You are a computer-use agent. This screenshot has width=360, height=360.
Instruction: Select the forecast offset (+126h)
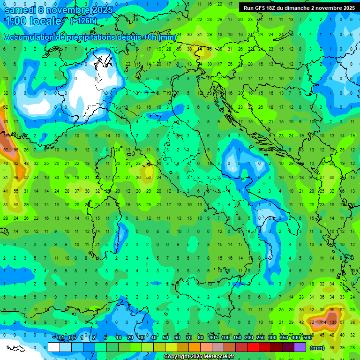click(x=83, y=21)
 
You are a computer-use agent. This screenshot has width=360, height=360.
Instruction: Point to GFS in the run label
click(x=261, y=8)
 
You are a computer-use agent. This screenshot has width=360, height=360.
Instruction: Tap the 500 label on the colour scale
click(x=307, y=338)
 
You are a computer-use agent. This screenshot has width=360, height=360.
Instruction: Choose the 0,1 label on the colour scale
click(x=60, y=338)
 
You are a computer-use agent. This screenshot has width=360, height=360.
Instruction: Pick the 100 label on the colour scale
click(x=225, y=338)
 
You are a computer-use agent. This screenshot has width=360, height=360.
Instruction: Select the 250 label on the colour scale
click(x=261, y=338)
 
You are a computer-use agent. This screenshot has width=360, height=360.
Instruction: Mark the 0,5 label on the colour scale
click(x=72, y=338)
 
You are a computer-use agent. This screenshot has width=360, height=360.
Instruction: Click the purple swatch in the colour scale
click(x=300, y=347)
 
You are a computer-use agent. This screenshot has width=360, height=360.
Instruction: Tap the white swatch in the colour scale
click(x=54, y=347)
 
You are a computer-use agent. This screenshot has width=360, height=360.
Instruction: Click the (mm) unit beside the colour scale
click(x=317, y=347)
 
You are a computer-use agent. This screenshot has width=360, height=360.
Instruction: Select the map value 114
click(x=322, y=322)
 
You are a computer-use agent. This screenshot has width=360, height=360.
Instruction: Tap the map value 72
click(x=312, y=322)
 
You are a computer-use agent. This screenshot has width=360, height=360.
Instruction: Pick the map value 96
click(x=16, y=150)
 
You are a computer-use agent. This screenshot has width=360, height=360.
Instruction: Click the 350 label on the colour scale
click(x=284, y=338)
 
